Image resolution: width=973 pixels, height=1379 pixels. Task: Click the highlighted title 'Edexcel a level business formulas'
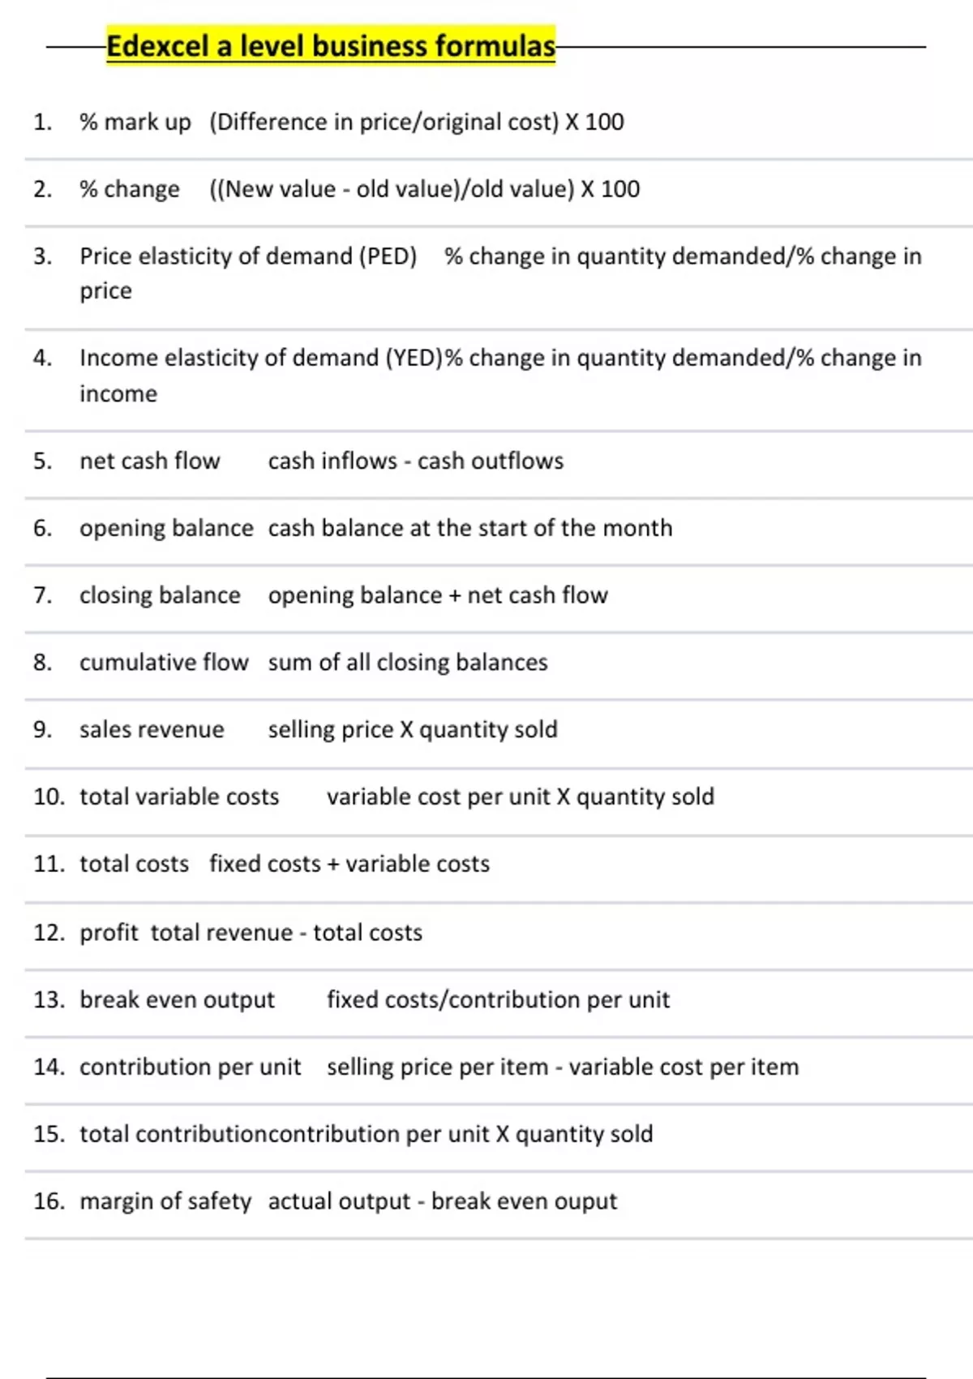(331, 46)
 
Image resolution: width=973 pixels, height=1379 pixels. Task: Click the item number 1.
(42, 122)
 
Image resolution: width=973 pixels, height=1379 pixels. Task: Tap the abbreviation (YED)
(414, 358)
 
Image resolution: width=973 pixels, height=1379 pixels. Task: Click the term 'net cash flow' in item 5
(149, 461)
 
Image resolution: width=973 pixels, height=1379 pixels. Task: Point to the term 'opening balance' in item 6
(166, 528)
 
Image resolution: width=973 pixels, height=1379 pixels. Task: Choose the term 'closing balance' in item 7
(160, 595)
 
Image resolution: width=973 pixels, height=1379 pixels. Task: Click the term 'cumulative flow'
(164, 663)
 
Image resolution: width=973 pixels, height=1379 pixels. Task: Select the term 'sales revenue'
(152, 730)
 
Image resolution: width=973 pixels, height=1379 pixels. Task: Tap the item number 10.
(49, 797)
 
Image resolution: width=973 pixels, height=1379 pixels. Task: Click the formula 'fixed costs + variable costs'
(349, 864)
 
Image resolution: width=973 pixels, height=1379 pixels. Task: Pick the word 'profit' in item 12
(109, 933)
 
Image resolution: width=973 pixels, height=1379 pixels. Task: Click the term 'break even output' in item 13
(177, 999)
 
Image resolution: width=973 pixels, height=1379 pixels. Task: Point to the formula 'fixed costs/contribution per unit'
(498, 999)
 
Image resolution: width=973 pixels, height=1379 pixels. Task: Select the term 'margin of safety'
(165, 1201)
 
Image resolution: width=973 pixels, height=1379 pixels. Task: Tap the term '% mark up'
(135, 122)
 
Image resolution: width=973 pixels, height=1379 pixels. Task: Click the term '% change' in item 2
(130, 189)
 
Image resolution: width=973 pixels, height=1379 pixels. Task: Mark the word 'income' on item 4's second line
(118, 394)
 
